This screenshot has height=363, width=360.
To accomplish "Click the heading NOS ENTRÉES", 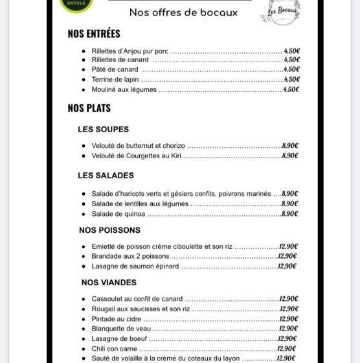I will [94, 34].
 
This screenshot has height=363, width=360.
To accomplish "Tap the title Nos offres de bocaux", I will [183, 12].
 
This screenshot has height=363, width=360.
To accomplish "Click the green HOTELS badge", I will [76, 5].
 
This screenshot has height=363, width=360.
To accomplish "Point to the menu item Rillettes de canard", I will [120, 60].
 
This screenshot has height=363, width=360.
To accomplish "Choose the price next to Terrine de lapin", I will [291, 80].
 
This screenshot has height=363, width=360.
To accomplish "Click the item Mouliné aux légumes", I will [124, 90].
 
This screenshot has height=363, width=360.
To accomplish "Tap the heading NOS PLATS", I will [89, 108].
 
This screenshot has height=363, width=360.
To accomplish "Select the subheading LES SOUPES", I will [103, 130].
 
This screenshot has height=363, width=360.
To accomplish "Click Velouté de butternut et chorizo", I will [138, 146].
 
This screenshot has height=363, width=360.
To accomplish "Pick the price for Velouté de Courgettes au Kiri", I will [289, 156].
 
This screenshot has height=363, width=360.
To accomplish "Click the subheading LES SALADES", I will [106, 176].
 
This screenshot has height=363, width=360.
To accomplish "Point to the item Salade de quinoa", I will [118, 214].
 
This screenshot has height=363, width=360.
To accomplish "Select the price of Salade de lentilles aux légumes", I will [289, 204].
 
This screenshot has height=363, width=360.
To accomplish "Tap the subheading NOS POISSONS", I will [109, 230].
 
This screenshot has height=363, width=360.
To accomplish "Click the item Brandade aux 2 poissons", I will [130, 256].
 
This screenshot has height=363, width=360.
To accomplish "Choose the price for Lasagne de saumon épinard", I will [287, 266].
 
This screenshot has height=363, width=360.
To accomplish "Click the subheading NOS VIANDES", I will [109, 283].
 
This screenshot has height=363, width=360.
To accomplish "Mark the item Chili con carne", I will [114, 349].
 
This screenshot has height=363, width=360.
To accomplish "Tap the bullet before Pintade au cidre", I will [84, 319].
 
